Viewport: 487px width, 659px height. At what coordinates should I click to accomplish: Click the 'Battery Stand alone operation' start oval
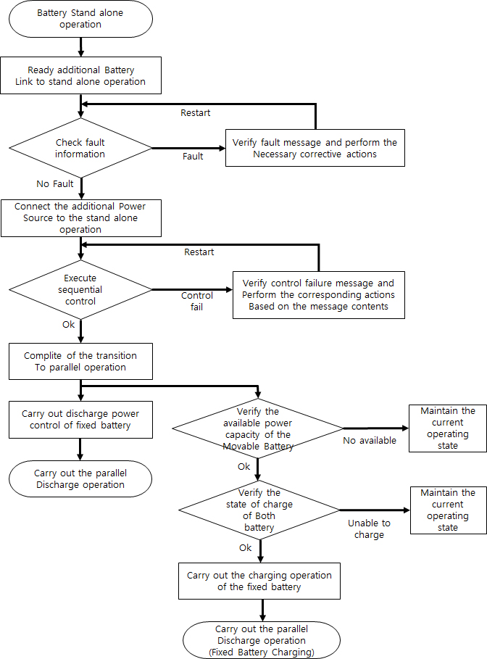click(80, 19)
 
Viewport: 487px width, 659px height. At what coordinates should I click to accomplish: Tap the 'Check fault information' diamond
click(80, 148)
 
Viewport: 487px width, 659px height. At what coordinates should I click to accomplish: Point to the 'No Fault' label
click(55, 183)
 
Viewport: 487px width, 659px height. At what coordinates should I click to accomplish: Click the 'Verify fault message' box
click(315, 148)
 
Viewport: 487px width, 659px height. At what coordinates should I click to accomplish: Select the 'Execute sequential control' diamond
click(80, 289)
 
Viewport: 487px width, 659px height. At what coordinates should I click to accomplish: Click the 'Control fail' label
click(197, 301)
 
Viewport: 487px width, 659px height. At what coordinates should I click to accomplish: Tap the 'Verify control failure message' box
click(318, 294)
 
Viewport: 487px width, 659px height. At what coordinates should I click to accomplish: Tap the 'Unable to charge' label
click(369, 529)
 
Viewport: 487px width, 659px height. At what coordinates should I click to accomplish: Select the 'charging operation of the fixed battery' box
click(259, 581)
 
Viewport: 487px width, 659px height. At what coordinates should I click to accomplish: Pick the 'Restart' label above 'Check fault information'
click(195, 112)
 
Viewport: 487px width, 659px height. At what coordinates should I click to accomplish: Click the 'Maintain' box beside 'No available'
click(447, 428)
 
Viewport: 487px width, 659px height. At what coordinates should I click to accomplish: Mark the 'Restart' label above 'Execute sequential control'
click(199, 252)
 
